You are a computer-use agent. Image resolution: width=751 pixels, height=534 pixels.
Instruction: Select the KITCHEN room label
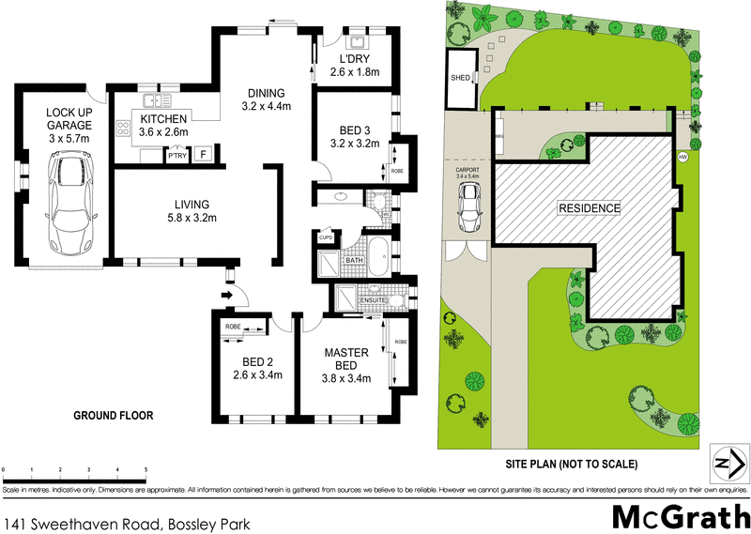pyautogui.click(x=165, y=119)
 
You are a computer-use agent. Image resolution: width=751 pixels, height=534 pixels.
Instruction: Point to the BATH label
pyautogui.click(x=355, y=260)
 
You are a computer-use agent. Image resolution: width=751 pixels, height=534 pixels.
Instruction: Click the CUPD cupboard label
pyautogui.click(x=327, y=237)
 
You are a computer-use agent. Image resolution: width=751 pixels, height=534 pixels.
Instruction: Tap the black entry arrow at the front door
pyautogui.click(x=227, y=298)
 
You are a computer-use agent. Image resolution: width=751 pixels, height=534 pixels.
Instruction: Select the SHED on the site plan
pyautogui.click(x=461, y=78)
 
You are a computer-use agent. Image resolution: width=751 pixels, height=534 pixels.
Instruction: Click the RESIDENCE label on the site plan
pyautogui.click(x=590, y=207)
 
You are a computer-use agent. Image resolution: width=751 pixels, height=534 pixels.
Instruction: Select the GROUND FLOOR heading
pyautogui.click(x=114, y=415)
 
